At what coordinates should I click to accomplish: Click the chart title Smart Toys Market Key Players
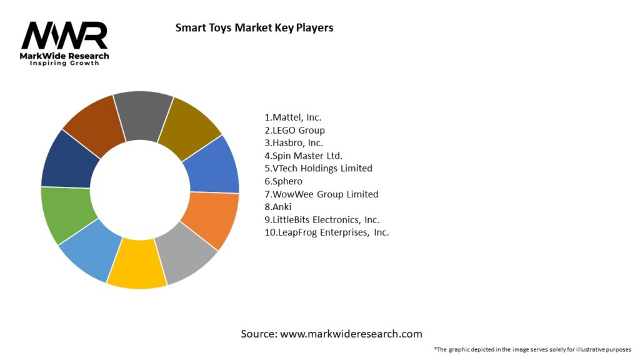(254, 27)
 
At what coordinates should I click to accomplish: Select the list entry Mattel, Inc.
(293, 117)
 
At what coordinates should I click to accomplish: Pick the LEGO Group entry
(294, 130)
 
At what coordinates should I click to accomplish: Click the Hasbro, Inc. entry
(294, 142)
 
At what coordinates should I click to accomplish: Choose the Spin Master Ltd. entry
(304, 156)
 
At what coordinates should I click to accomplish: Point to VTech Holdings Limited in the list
(318, 168)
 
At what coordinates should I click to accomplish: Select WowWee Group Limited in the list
(321, 194)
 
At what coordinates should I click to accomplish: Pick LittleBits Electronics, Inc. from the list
(322, 220)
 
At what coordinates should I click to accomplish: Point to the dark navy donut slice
(69, 159)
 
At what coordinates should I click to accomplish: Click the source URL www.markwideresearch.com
(351, 334)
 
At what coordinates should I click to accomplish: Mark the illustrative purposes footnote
(532, 349)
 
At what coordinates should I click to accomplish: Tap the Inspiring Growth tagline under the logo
(65, 64)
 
